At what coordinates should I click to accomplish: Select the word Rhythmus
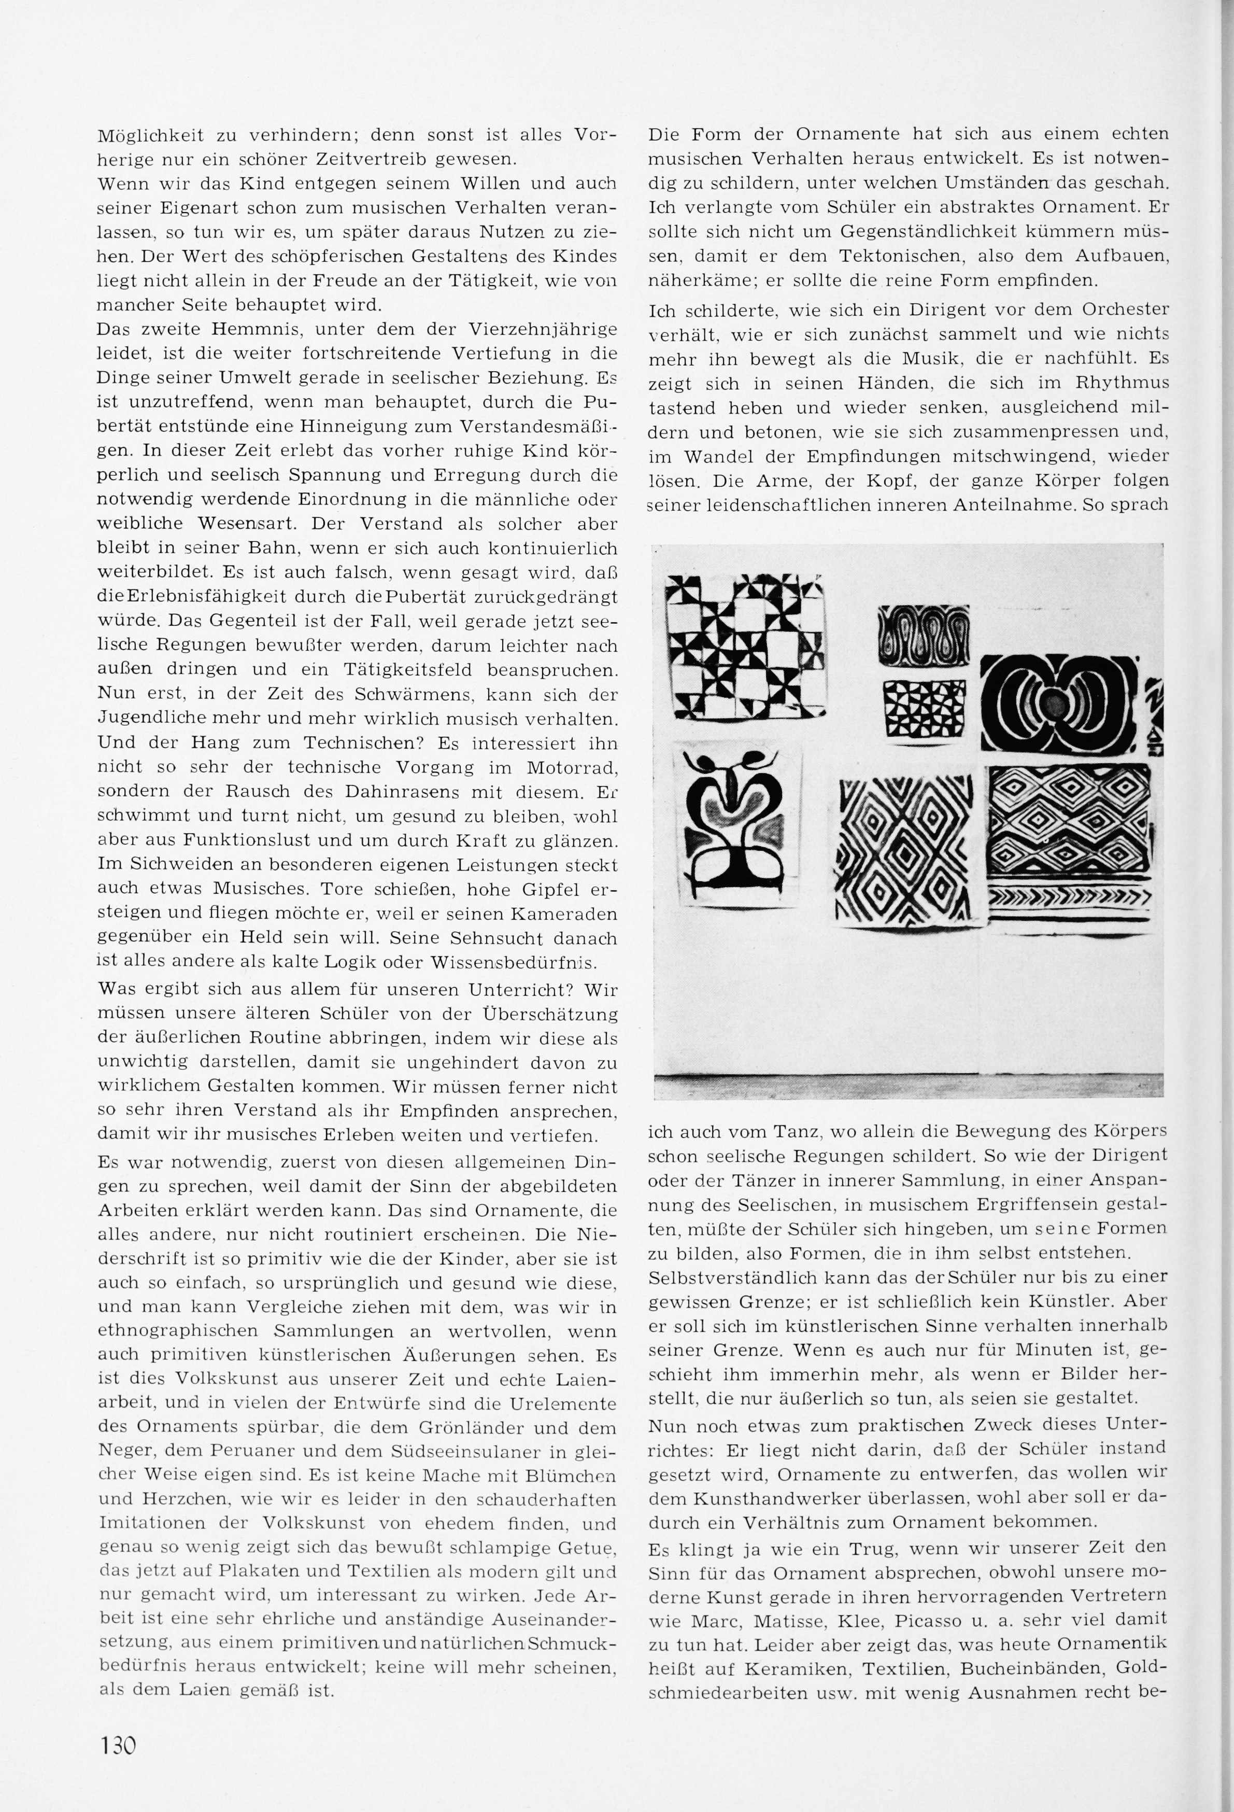click(1122, 383)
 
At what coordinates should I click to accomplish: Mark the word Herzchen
click(172, 1500)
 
